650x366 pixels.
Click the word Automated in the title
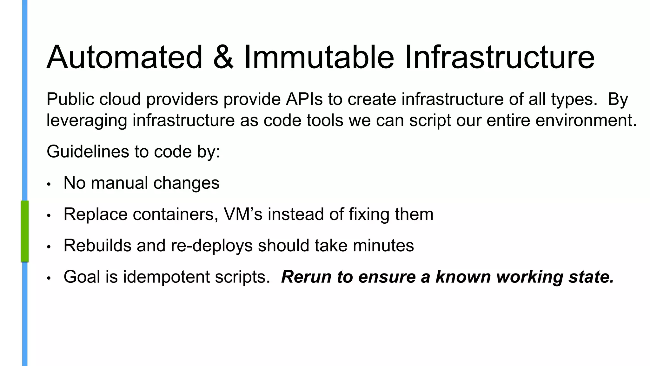point(124,57)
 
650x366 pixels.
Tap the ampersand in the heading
point(223,57)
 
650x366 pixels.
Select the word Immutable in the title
point(319,57)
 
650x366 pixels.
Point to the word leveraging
point(87,121)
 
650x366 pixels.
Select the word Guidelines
point(88,152)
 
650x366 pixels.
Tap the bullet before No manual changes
point(49,185)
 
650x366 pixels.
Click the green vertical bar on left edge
point(25,231)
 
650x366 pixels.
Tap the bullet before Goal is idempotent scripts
point(49,278)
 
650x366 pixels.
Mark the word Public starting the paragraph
point(70,99)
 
